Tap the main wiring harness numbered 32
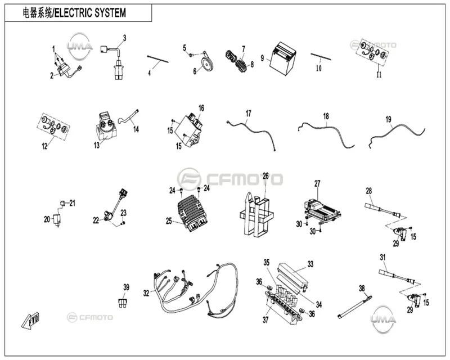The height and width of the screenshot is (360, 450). click(x=195, y=290)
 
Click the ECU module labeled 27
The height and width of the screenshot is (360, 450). click(x=321, y=211)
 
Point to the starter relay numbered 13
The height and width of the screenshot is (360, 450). click(x=106, y=127)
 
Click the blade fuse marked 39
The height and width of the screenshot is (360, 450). click(x=123, y=303)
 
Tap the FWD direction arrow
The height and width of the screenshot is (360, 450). click(x=30, y=319)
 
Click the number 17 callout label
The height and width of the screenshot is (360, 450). click(x=248, y=114)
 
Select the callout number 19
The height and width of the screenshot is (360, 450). click(x=388, y=119)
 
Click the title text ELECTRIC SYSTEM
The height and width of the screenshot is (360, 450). click(x=90, y=13)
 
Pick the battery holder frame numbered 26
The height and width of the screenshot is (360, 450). click(x=256, y=214)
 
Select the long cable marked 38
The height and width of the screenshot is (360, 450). click(x=355, y=307)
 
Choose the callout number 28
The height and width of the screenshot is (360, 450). click(x=369, y=191)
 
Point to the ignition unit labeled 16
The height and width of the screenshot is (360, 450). click(x=189, y=130)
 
